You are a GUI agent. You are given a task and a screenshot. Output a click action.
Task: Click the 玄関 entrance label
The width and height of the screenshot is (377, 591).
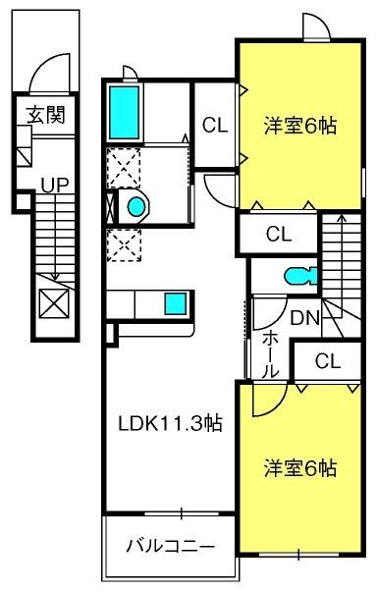[x=46, y=115]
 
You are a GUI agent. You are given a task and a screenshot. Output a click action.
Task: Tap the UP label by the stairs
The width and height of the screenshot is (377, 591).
[x=55, y=186]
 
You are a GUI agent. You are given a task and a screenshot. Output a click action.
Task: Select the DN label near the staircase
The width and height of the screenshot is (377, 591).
[x=305, y=318]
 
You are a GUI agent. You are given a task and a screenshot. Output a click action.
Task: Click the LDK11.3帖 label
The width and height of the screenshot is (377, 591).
[x=170, y=423]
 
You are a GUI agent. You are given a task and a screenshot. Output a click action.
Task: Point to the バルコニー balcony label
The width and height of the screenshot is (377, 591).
[x=171, y=546]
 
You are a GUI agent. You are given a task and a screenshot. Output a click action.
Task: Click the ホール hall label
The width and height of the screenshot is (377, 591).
[x=270, y=355]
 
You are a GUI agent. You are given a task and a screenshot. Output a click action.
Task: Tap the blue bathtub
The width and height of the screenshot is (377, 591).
[x=124, y=112]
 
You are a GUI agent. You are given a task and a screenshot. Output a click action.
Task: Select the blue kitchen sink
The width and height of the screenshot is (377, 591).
[x=176, y=303]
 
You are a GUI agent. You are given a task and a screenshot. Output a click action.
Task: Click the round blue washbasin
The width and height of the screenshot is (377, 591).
[x=136, y=207]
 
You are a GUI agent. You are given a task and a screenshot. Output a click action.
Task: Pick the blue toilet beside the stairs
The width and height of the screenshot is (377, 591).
[x=300, y=276]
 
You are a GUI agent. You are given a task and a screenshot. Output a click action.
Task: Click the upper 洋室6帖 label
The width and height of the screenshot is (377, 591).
[x=300, y=126]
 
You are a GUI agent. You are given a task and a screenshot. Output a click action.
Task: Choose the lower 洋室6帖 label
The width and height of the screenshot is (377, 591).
[x=300, y=467]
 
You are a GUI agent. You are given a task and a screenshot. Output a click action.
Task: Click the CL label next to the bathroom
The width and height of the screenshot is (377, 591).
[x=215, y=125]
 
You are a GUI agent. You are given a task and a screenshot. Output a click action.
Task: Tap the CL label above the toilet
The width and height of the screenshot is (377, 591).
[x=279, y=234]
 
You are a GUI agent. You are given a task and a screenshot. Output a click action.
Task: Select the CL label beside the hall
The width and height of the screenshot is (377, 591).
[x=328, y=361]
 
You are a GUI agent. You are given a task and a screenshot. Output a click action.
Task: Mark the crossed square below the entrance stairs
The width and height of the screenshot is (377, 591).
[x=54, y=303]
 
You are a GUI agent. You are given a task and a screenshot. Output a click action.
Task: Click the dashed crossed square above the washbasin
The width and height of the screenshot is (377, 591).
[x=124, y=168]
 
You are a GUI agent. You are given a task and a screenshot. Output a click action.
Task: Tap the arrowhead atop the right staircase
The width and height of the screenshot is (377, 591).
[x=342, y=218]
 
